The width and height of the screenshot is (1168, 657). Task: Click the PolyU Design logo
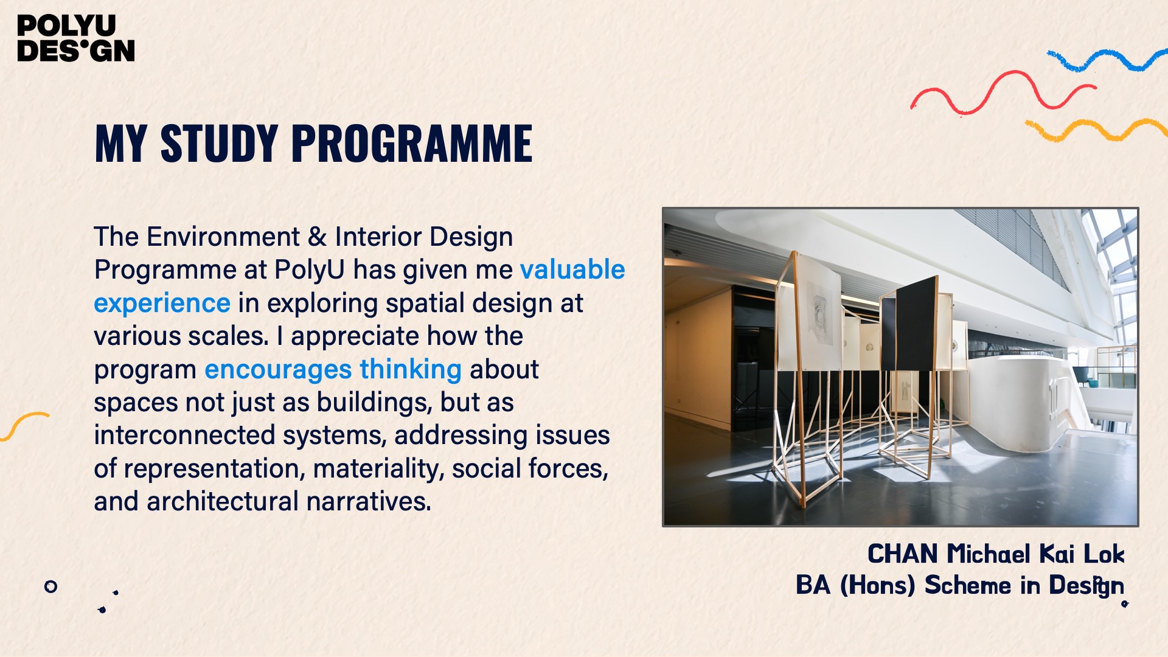point(76,38)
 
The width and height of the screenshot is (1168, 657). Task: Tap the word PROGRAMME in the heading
point(412,144)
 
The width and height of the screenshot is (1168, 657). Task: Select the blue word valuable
point(572,269)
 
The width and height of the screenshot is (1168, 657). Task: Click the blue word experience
point(162,304)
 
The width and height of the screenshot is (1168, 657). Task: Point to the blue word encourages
point(278,370)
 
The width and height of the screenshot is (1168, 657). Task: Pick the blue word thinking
point(411,369)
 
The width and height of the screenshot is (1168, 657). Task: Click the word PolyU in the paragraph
point(310,270)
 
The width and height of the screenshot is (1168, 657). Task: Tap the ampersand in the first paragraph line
point(318,237)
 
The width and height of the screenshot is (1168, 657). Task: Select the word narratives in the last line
point(369,501)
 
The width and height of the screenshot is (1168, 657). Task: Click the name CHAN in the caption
point(903,554)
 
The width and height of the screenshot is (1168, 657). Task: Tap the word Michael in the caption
point(989,554)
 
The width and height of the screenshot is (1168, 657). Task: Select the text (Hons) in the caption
point(877,585)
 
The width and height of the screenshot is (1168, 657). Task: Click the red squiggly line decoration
point(1004,92)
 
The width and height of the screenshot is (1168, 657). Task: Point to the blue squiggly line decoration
point(1107,60)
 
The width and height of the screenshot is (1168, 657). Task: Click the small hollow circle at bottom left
point(51,582)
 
